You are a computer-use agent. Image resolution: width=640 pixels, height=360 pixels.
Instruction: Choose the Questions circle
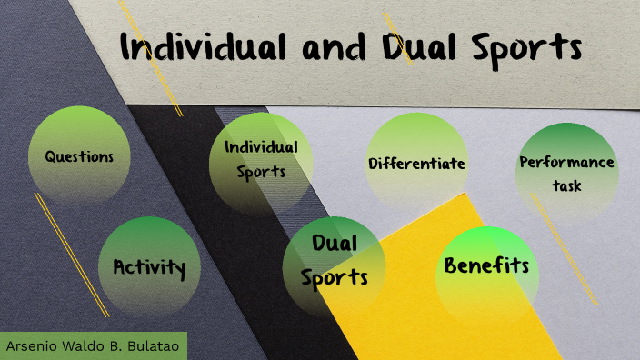coord(80,156)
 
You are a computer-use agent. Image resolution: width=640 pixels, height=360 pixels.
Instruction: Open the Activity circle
coord(149,267)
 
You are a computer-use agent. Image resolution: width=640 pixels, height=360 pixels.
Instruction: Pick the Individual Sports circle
coord(261,160)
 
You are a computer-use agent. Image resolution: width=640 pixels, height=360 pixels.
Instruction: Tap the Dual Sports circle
coord(334,264)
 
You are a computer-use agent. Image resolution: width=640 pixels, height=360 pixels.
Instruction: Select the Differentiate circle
coord(416,164)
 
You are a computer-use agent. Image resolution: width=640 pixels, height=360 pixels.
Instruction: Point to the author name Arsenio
coord(32,347)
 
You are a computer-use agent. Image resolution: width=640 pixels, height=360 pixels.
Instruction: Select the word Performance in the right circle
coord(566,163)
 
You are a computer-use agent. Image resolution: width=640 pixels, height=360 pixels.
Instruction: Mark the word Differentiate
coord(416,164)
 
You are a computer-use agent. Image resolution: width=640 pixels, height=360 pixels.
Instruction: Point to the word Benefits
coord(486,266)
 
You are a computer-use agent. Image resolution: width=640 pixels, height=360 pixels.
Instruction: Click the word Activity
coord(149,268)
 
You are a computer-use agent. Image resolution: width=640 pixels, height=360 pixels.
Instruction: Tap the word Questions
coord(80,156)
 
